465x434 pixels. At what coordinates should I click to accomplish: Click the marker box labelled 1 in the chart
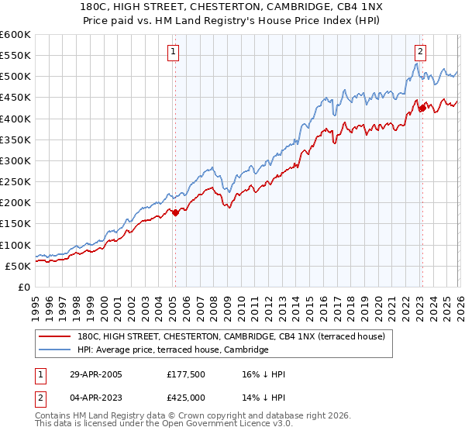pos(172,53)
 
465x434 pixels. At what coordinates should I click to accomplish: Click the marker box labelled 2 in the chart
pos(420,53)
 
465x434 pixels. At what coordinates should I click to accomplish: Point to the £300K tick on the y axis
pos(15,160)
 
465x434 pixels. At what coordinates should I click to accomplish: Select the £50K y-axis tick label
pos(17,266)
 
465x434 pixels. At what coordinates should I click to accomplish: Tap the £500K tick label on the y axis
pos(15,77)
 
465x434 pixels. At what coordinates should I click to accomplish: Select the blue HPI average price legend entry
pos(173,350)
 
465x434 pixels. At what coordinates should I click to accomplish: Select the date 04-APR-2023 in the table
pos(94,398)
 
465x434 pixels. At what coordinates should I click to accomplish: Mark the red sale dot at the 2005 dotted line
pos(175,212)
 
